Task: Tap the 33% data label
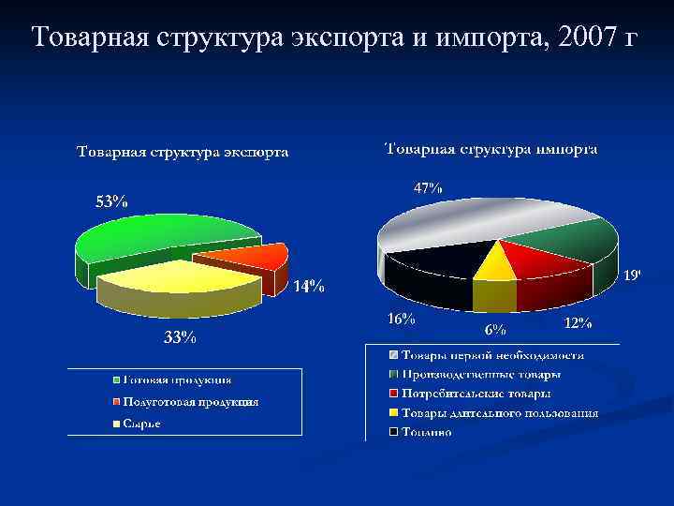(180, 338)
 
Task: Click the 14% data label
(309, 287)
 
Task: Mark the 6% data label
(494, 329)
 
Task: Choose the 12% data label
(578, 323)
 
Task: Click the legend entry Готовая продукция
(178, 380)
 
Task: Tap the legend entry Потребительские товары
(476, 394)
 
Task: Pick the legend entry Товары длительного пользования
(499, 413)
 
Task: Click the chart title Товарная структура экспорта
(183, 153)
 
